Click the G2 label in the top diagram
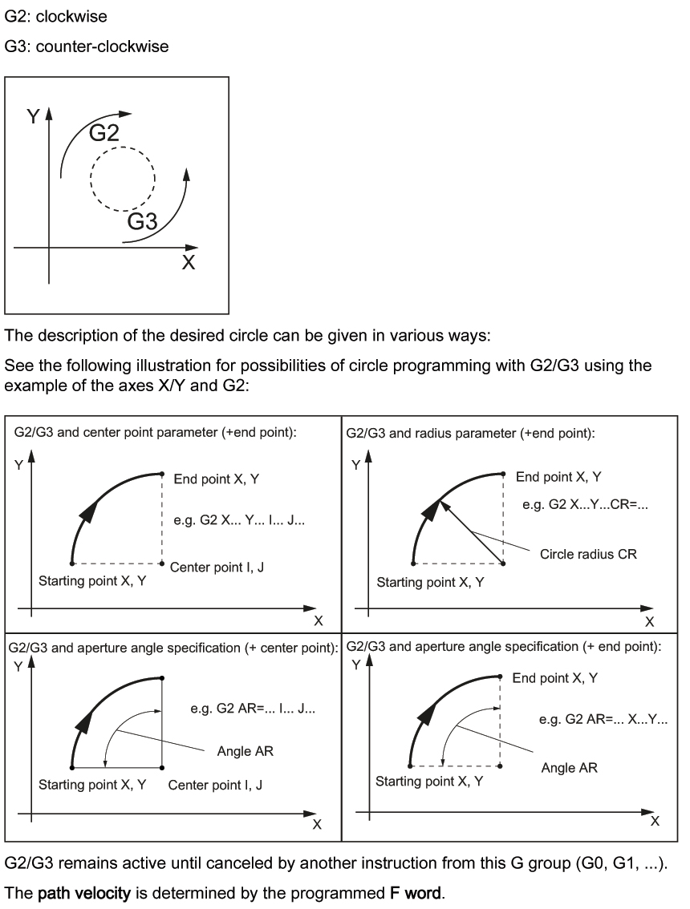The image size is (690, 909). point(104,133)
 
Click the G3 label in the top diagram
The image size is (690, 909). point(142,222)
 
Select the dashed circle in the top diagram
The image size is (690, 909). point(123,178)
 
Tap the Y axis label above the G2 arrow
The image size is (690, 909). point(33,116)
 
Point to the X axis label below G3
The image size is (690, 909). point(188,262)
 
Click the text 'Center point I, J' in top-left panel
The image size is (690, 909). point(217,567)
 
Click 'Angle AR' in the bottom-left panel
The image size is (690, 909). point(246,752)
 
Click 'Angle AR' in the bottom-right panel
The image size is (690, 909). point(569,768)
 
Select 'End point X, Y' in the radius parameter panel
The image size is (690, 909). point(558,477)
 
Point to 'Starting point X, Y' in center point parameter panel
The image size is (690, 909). point(92,580)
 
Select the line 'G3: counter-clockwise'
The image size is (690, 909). point(87,46)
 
